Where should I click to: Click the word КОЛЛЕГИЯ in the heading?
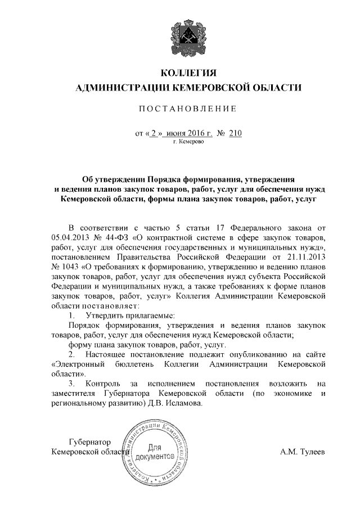click(x=188, y=73)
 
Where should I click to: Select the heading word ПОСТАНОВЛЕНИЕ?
click(x=188, y=107)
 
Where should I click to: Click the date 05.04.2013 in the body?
click(x=71, y=237)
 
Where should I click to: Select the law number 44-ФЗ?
click(x=116, y=237)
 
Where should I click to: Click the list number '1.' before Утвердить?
click(x=72, y=316)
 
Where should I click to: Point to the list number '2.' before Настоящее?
click(x=72, y=354)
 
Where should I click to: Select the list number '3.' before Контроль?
click(x=72, y=384)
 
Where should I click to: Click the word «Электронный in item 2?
click(x=75, y=364)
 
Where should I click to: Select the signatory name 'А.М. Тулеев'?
click(x=303, y=451)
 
